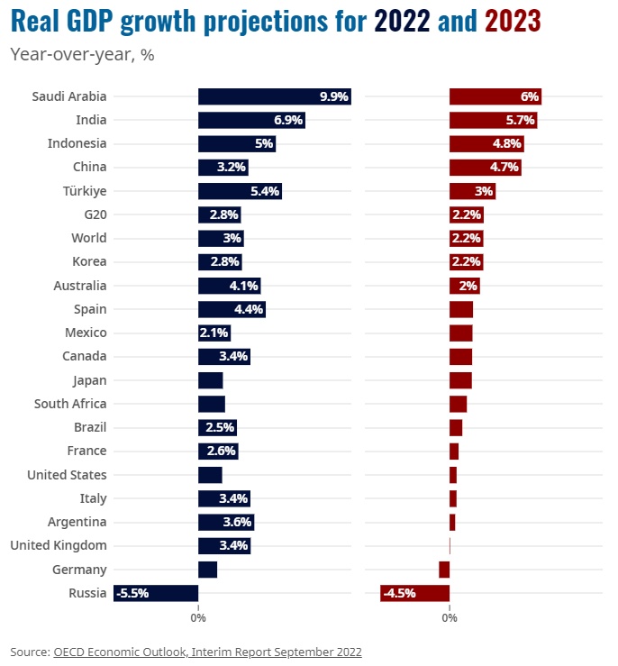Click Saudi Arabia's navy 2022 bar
tap(261, 96)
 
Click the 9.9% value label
tap(333, 96)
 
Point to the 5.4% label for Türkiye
tap(266, 191)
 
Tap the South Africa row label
tap(70, 404)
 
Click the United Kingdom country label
tap(59, 545)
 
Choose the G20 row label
tap(95, 214)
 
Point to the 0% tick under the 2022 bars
tap(198, 617)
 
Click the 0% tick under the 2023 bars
tap(450, 617)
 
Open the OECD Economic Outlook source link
tap(207, 651)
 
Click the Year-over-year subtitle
tap(82, 55)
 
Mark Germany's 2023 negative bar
tap(444, 570)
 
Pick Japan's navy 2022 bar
tap(210, 380)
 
